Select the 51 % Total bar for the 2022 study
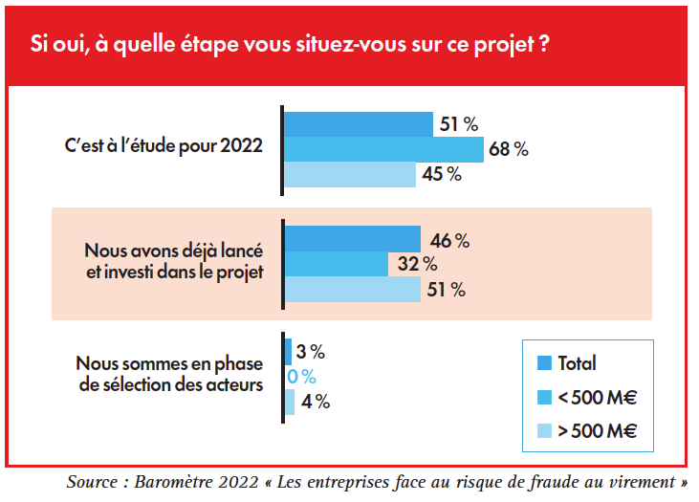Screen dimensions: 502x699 tap(359, 124)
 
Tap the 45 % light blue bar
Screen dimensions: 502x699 tap(351, 174)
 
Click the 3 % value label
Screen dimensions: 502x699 tap(311, 352)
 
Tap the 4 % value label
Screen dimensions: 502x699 tap(316, 402)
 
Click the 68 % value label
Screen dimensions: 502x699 tap(508, 149)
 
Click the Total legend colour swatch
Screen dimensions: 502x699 tap(545, 362)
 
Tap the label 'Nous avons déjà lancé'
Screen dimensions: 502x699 tap(173, 251)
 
